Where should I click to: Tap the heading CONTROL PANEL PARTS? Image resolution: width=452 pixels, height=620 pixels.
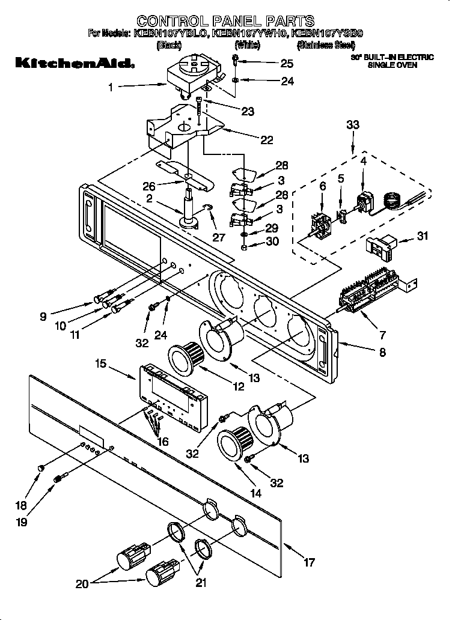pyautogui.click(x=225, y=22)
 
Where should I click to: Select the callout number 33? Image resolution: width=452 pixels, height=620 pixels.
pyautogui.click(x=353, y=125)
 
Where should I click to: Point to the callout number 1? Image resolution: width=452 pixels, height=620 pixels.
pyautogui.click(x=111, y=87)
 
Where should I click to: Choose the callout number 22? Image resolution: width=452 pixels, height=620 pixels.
pyautogui.click(x=266, y=140)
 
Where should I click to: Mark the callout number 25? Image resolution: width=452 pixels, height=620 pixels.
pyautogui.click(x=287, y=63)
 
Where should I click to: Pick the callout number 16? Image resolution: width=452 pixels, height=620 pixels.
pyautogui.click(x=162, y=442)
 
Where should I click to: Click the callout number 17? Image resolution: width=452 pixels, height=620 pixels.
pyautogui.click(x=309, y=563)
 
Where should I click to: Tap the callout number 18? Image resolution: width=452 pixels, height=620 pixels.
pyautogui.click(x=20, y=506)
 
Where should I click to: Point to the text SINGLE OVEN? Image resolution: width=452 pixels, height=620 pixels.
pyautogui.click(x=392, y=65)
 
